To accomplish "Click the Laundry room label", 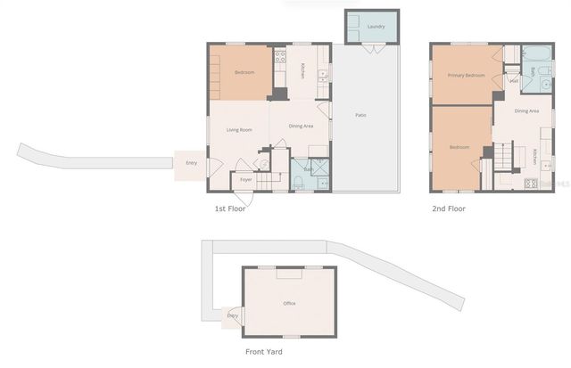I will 375,27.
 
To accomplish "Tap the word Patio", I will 360,115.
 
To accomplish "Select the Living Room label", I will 238,130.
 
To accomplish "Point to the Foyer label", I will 245,180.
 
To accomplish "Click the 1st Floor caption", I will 229,209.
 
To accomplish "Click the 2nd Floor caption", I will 450,209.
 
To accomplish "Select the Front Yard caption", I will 264,352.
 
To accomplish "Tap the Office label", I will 289,304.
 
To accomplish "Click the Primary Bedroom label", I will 466,76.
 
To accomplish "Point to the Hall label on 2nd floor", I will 514,81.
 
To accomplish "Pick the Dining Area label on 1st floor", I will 301,126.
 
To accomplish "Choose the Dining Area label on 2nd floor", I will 527,111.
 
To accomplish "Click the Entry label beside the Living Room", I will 191,163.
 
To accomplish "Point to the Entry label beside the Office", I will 233,315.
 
